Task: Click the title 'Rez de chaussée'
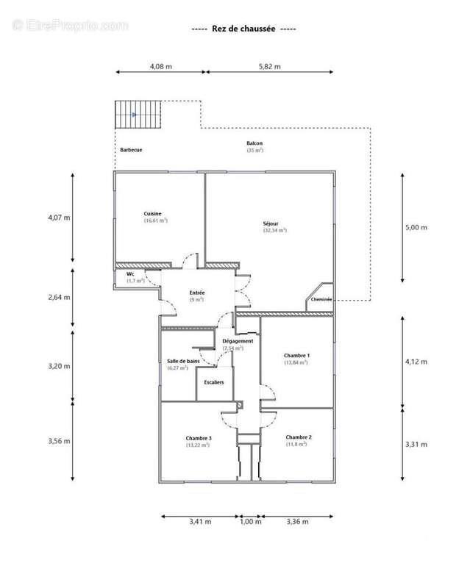tap(243, 29)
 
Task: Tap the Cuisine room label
tap(153, 213)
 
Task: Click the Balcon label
tap(254, 143)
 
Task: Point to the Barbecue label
tap(131, 150)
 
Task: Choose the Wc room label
tap(130, 274)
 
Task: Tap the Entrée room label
tap(196, 293)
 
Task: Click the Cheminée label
tap(321, 300)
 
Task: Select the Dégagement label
tap(238, 341)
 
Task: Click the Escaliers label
tap(214, 383)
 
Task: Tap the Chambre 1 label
tap(296, 356)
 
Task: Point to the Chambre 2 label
tap(299, 437)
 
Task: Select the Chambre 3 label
tap(199, 438)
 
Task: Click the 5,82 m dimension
tap(268, 66)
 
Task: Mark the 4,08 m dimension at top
tap(160, 66)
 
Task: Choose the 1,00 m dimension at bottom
tap(251, 522)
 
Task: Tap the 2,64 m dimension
tap(58, 298)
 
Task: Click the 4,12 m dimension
tap(416, 362)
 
